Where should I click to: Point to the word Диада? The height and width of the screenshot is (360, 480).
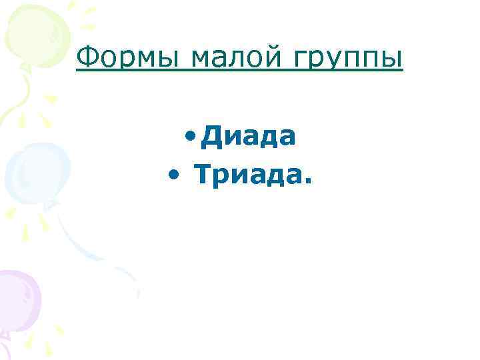coord(249,137)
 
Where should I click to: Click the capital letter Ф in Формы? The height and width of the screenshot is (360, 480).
coord(87,59)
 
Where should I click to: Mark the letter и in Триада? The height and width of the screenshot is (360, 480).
coord(239,177)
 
